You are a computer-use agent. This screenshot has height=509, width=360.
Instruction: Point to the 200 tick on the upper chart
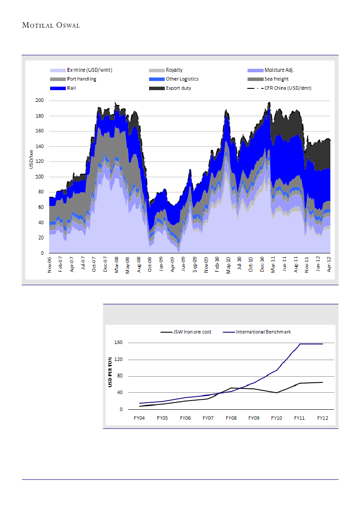[x=40, y=101]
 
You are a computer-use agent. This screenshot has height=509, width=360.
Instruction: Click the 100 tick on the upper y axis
[x=40, y=177]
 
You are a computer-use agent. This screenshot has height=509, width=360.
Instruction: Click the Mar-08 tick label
[x=116, y=265]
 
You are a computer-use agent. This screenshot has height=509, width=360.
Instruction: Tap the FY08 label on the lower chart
[x=231, y=418]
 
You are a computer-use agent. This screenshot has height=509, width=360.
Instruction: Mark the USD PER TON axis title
[x=110, y=372]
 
